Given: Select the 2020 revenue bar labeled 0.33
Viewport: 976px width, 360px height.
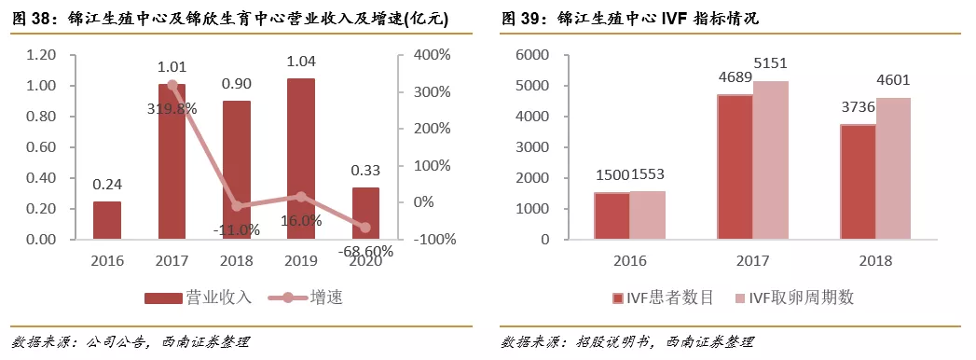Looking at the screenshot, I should [x=365, y=214].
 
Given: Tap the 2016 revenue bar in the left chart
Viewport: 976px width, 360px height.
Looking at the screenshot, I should [x=107, y=220].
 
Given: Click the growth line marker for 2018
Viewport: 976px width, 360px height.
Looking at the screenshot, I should [x=237, y=206].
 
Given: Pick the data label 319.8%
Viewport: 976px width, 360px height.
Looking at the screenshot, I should [x=171, y=108].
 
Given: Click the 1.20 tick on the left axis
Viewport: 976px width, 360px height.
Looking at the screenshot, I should [x=41, y=55].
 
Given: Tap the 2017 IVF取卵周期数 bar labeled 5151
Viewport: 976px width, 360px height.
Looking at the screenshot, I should [x=770, y=160].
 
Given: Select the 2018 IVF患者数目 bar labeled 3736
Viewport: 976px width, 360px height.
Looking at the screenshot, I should [x=857, y=182].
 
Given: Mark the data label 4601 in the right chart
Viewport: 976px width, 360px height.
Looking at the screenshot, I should [x=892, y=79].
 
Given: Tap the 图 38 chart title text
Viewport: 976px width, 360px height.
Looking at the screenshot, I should [x=228, y=18].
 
